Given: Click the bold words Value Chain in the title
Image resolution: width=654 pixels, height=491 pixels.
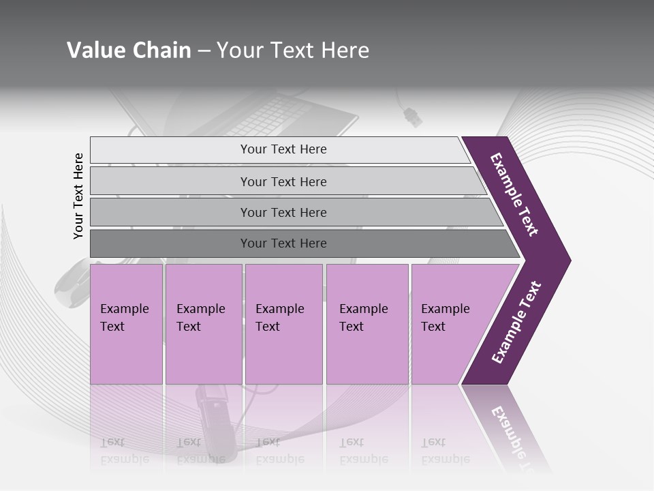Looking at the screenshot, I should tap(129, 50).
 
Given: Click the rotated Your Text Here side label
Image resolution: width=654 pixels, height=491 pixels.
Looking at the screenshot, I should tap(78, 196).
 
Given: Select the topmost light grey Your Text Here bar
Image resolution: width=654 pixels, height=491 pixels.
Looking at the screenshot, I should tap(283, 149).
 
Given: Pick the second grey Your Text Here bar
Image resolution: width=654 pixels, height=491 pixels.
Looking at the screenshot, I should tap(283, 181).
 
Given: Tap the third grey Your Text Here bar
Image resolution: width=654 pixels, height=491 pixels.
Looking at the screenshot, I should tap(283, 212).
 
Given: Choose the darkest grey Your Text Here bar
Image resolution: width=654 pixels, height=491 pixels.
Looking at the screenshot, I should tap(283, 243).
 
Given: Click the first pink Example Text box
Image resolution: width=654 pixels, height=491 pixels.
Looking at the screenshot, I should tap(126, 324).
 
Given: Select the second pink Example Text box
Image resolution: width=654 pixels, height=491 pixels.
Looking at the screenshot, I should tap(203, 324).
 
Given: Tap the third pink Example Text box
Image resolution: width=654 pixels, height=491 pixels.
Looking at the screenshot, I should tap(283, 324).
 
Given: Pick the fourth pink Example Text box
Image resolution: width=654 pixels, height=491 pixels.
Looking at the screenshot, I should tap(367, 324).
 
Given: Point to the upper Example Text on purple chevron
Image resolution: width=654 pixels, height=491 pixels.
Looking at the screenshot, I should tap(514, 194).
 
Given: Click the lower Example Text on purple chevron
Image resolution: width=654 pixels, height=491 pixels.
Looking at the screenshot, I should tap(516, 323).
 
